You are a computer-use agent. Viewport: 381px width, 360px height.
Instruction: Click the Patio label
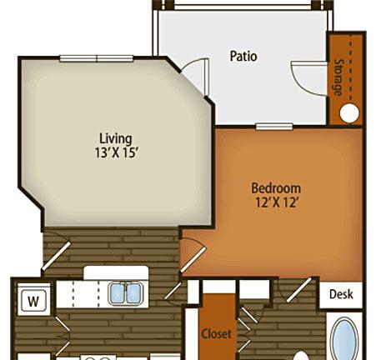pos(243,56)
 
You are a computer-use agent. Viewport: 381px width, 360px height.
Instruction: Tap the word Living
pos(116,139)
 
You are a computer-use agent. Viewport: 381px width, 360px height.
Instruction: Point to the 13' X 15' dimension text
pos(117,152)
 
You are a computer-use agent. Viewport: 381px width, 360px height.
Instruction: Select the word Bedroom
pos(276,188)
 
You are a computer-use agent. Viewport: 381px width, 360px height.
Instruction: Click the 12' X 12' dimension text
pos(277,202)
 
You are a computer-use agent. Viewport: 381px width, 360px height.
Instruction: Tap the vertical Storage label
pos(338,77)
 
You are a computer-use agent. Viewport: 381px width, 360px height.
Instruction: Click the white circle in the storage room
pos(349,113)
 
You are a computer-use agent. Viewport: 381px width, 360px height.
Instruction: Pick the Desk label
pos(341,294)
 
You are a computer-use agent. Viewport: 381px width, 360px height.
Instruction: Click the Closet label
pos(216,333)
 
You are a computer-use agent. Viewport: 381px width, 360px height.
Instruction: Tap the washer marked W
pos(33,301)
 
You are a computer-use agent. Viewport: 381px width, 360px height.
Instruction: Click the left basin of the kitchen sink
pos(118,293)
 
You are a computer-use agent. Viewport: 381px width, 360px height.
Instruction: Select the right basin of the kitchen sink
pos(133,293)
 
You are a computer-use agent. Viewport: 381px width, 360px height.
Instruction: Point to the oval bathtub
pos(344,339)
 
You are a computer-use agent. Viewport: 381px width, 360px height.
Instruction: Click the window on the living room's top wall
pos(97,58)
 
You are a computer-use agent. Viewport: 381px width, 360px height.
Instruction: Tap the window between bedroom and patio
pos(274,127)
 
